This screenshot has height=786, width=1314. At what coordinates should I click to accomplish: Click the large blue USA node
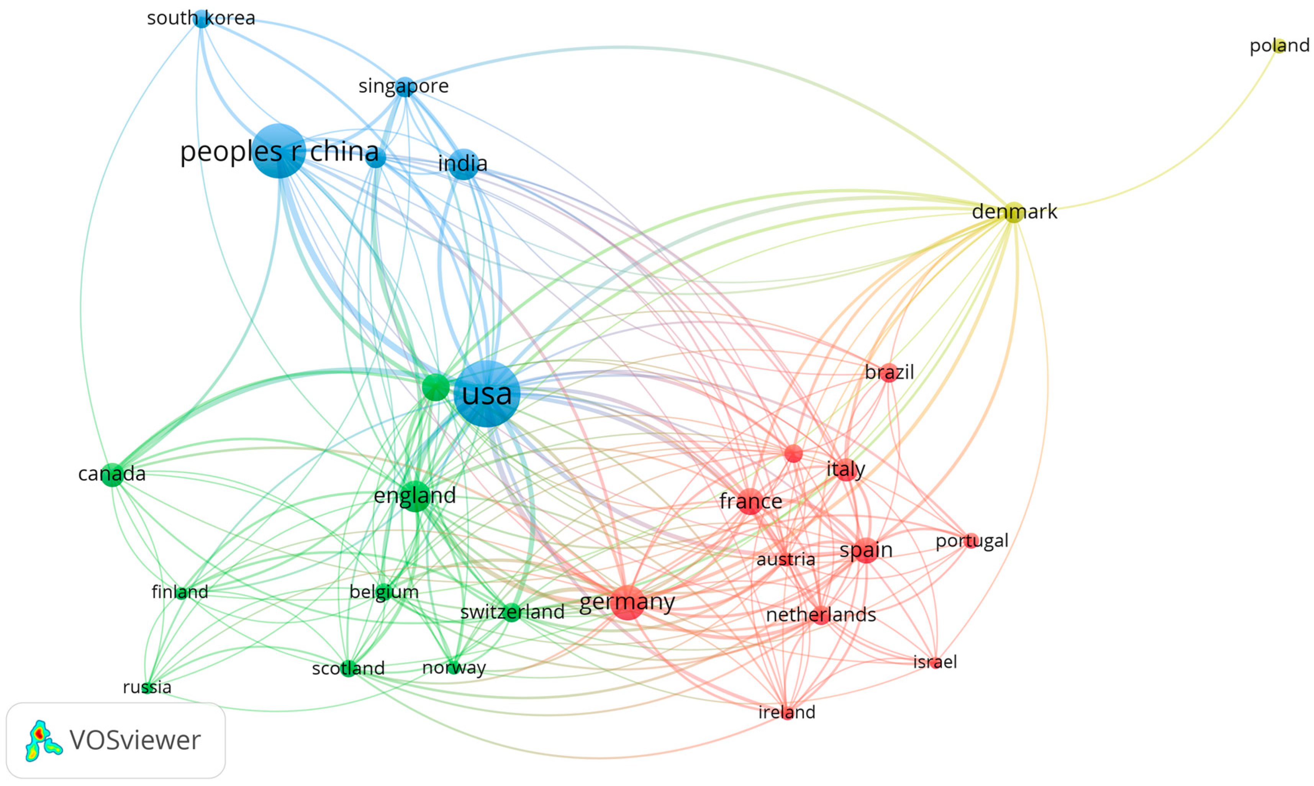point(487,394)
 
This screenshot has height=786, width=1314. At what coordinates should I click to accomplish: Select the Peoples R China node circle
point(279,151)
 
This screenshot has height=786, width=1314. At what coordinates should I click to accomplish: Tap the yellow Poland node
point(1279,46)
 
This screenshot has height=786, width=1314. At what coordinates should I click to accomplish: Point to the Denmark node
point(1013,212)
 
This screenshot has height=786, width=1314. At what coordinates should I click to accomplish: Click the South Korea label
point(201,18)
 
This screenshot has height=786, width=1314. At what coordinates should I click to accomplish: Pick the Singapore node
point(405,86)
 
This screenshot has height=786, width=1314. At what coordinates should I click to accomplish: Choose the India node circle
point(463,164)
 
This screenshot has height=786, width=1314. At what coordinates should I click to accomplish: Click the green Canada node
point(112,474)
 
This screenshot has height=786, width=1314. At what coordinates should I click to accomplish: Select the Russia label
point(147,687)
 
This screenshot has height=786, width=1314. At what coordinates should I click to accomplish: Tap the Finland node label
point(180,592)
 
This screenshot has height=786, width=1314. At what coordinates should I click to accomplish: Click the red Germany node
point(628,602)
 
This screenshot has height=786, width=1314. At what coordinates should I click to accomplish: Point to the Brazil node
point(890,372)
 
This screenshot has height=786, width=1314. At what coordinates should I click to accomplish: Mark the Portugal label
point(972,541)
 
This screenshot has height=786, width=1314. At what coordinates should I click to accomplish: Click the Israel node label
point(935,661)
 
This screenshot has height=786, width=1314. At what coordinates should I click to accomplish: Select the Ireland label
point(787,712)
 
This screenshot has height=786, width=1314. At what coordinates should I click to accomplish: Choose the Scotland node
point(348,668)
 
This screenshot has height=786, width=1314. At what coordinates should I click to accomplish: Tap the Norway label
point(454,667)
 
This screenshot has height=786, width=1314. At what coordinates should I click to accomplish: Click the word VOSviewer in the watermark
point(135,740)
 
